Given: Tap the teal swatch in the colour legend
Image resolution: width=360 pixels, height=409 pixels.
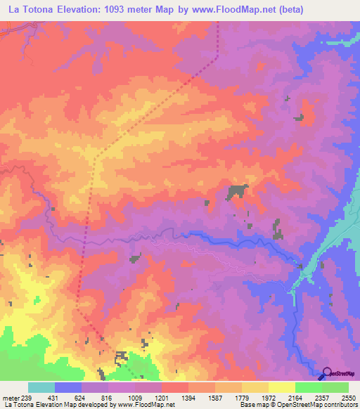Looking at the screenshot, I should coord(41,387).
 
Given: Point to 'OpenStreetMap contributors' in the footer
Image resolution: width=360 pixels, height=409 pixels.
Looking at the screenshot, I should coord(327,405).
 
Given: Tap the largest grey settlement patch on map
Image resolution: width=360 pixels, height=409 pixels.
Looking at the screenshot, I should coord(238,190).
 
